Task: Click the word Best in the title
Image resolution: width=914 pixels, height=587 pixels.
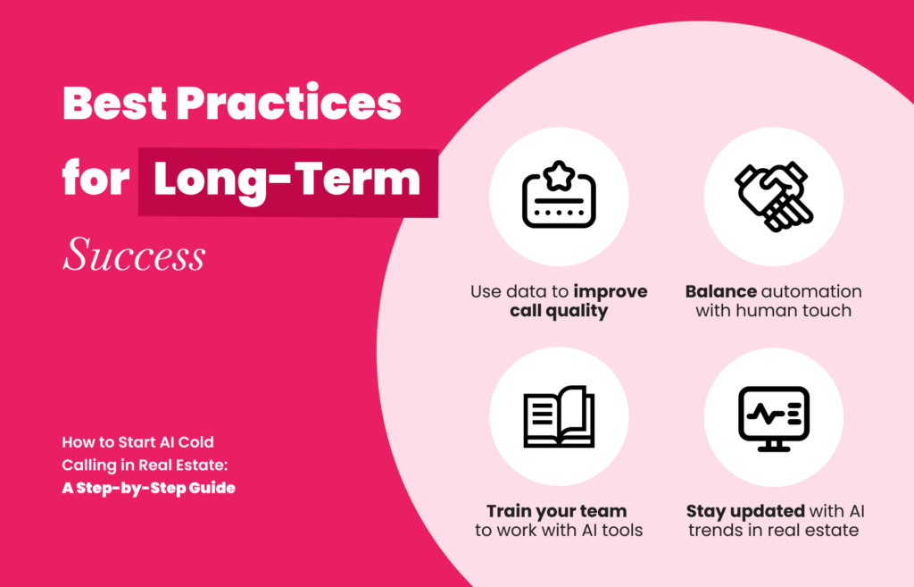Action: click(114, 104)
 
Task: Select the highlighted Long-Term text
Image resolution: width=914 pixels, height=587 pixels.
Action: click(287, 180)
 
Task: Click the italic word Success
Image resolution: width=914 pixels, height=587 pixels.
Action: click(134, 255)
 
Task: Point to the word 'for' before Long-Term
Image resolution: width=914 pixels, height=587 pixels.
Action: click(96, 178)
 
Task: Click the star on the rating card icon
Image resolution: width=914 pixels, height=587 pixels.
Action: click(559, 175)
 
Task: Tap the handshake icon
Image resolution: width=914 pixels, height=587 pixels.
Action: click(774, 196)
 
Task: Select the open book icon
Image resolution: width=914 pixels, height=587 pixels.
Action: click(559, 416)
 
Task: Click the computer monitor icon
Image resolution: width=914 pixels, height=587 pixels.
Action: click(774, 418)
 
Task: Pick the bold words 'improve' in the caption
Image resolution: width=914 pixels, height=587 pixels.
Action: click(611, 292)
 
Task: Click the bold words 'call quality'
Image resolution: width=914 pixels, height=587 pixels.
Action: click(559, 311)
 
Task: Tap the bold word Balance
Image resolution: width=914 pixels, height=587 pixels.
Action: click(720, 291)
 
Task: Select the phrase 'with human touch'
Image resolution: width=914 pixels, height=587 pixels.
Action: click(774, 310)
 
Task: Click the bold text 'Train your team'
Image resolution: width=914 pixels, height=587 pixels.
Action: click(557, 511)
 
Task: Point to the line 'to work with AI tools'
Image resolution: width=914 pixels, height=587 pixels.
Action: click(559, 531)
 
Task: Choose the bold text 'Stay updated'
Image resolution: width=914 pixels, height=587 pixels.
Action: click(745, 512)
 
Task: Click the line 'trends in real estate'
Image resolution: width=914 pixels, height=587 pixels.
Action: click(774, 531)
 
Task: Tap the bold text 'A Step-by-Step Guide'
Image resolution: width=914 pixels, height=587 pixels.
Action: click(149, 488)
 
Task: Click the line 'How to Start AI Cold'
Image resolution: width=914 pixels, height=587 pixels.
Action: click(138, 441)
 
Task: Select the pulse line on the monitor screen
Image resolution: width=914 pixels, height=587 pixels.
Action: click(765, 415)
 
